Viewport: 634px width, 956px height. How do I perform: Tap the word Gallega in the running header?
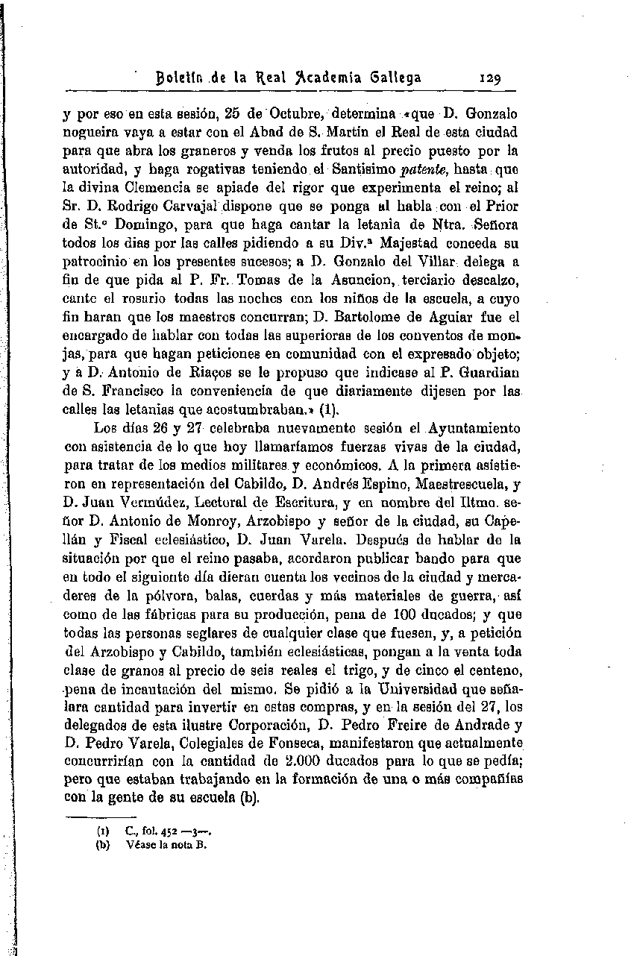[392, 77]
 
